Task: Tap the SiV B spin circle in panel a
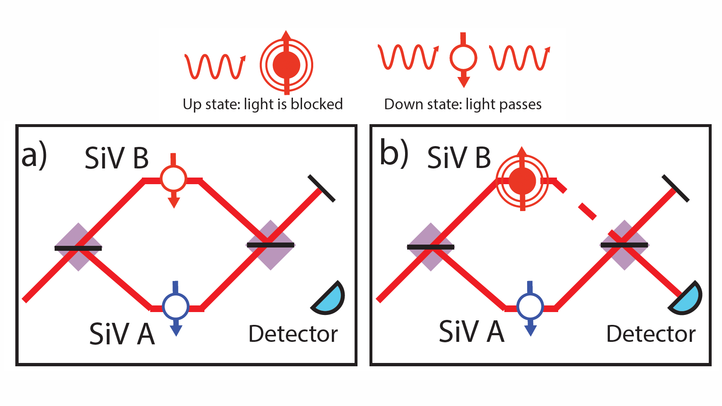coord(174,178)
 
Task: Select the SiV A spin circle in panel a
coord(176,306)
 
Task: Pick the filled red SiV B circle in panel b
coord(522,181)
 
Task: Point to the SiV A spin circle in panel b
coord(530,306)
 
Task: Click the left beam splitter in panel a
coord(78,247)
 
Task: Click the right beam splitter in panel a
coord(271,245)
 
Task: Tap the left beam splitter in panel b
coord(431,247)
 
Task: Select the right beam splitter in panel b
coord(624,245)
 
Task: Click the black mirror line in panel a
coord(321,188)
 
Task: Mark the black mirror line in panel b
coord(676,188)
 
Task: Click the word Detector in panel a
coord(293,334)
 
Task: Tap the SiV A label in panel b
coord(472,332)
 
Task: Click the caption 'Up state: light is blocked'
coord(263,104)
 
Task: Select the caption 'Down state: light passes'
coord(463,104)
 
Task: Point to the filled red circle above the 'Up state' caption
coord(286,65)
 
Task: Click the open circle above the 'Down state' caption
coord(463,58)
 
